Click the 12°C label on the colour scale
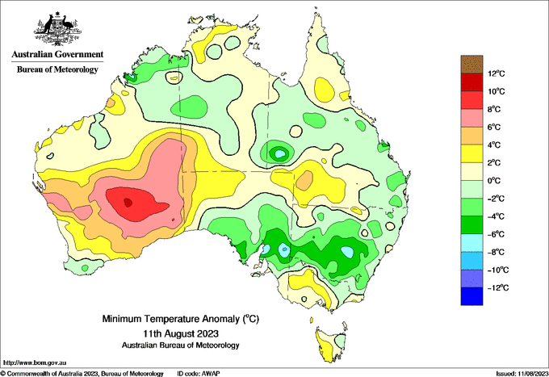click(497, 73)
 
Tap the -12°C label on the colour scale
click(496, 287)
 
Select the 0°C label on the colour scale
click(494, 181)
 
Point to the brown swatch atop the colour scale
click(471, 65)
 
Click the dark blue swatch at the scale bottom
click(471, 296)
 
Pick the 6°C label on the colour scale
click(494, 127)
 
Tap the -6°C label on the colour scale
click(496, 234)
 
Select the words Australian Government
click(57, 54)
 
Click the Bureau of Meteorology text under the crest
click(57, 69)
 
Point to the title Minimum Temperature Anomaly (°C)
click(181, 319)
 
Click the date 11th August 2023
click(181, 333)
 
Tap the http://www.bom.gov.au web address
click(34, 363)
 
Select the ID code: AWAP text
click(198, 374)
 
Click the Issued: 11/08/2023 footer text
click(522, 374)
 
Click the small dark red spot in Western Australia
click(128, 203)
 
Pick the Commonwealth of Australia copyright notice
click(82, 374)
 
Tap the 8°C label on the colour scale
click(494, 109)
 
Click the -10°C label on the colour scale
click(496, 270)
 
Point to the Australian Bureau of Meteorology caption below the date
click(181, 346)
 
